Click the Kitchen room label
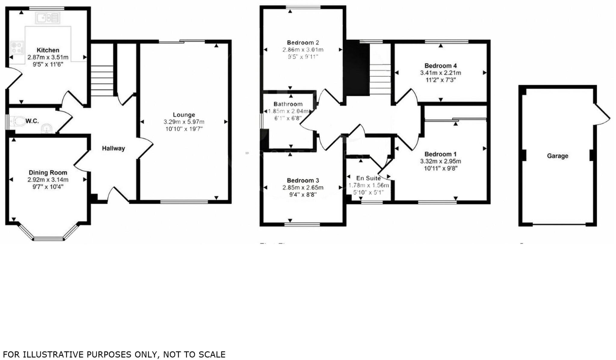[x=48, y=50]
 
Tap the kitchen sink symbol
[x=48, y=18]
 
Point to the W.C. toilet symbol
[x=19, y=122]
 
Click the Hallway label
[x=113, y=148]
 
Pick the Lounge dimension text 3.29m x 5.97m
[x=184, y=122]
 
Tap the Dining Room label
[x=48, y=173]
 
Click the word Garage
[x=557, y=156]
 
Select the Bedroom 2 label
[x=303, y=43]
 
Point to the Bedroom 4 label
[x=440, y=66]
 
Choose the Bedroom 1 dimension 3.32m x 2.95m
[x=440, y=161]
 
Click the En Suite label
[x=368, y=178]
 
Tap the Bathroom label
[x=288, y=104]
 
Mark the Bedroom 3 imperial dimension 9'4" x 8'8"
[x=303, y=195]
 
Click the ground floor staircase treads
[x=102, y=81]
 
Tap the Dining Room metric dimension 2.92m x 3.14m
[x=48, y=180]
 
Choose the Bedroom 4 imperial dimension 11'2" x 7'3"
[x=440, y=80]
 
